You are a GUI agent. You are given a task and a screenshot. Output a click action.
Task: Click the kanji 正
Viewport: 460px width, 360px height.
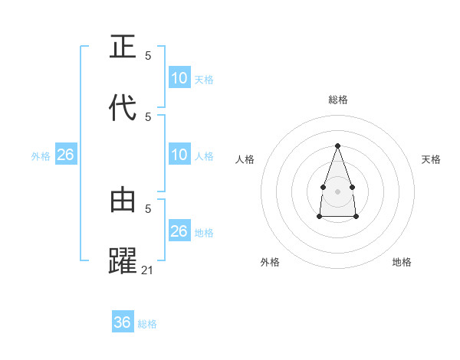point(123,47)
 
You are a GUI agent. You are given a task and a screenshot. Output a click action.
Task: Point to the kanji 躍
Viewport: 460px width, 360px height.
point(123,260)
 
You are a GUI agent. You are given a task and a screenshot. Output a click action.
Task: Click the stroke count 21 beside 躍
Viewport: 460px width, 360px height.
point(148,270)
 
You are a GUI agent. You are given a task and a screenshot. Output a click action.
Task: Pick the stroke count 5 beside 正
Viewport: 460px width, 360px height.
point(148,56)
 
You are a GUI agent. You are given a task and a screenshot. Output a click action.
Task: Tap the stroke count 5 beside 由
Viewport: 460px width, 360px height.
point(148,208)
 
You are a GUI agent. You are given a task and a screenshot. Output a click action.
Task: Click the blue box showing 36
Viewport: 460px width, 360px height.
point(123,322)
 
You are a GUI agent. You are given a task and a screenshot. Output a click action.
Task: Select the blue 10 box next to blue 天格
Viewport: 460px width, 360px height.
point(179,78)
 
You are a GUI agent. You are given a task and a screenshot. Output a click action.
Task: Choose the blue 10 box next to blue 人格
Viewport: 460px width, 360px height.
point(179,155)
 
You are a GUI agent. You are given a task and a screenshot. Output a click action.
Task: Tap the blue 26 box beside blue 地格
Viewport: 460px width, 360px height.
point(179,231)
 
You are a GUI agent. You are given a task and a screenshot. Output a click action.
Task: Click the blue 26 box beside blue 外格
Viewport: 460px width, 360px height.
point(66,155)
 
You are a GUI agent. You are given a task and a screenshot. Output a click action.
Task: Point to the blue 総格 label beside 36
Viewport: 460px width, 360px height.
point(147,324)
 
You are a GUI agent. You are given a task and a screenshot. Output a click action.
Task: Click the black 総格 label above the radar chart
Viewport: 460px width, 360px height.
point(337,100)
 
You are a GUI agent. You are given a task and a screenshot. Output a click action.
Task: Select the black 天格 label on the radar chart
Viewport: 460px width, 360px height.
point(431,159)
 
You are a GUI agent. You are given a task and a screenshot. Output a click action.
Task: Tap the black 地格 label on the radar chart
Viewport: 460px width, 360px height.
point(402,262)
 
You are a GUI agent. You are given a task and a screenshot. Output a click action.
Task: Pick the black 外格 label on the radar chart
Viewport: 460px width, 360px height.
point(270,262)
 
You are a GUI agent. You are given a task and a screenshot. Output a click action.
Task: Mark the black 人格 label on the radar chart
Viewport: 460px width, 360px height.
point(245,159)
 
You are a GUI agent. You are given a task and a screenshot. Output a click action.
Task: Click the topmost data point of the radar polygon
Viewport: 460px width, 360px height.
point(337,145)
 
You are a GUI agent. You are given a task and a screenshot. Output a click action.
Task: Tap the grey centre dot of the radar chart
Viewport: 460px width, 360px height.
point(337,190)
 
